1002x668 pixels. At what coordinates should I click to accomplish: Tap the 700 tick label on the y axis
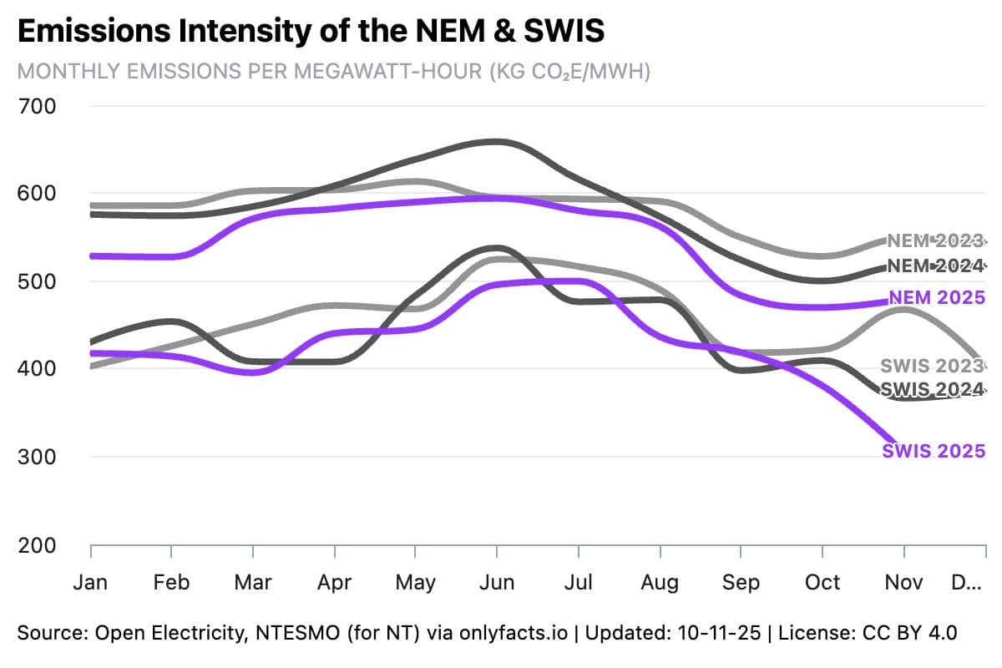[37, 106]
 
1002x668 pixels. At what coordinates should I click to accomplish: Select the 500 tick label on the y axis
[37, 281]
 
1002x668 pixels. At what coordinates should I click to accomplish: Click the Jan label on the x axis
[90, 582]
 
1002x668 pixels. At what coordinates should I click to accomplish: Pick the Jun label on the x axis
[497, 582]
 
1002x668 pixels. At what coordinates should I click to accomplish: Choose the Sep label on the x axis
[740, 582]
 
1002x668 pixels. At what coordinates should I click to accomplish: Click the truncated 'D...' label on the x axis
[967, 582]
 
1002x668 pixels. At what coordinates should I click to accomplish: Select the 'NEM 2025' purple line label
[937, 297]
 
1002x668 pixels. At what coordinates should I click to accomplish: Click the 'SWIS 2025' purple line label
[934, 451]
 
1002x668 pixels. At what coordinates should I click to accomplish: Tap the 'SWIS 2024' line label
[932, 389]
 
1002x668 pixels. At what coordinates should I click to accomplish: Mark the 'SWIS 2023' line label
[932, 366]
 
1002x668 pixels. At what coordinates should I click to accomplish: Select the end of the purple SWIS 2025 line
[895, 441]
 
